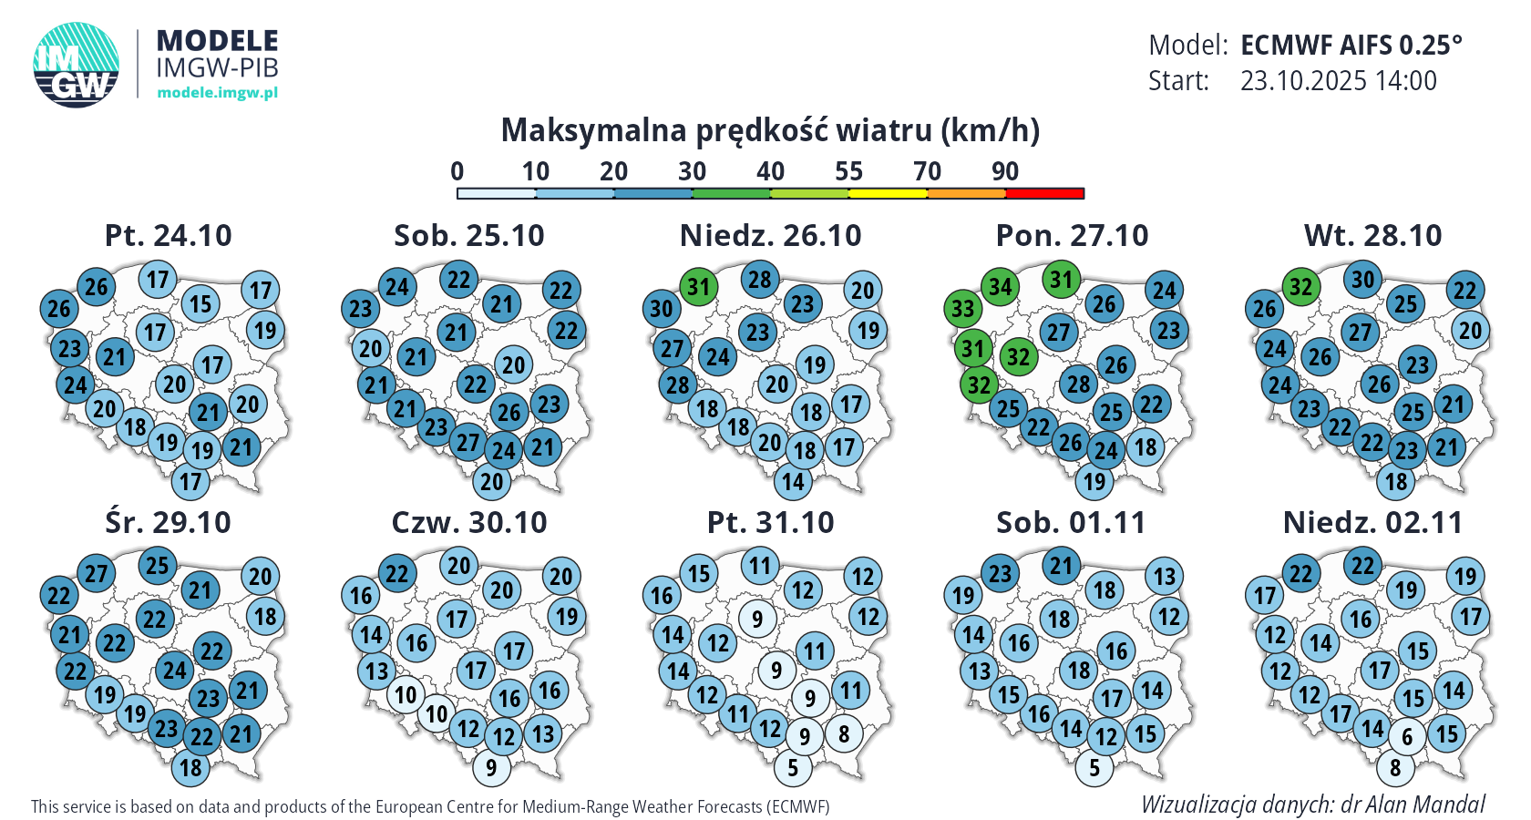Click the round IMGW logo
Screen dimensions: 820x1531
click(77, 65)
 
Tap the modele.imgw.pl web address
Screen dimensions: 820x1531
click(217, 92)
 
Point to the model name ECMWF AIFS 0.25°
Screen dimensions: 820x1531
click(1351, 45)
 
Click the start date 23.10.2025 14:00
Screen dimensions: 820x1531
click(1338, 81)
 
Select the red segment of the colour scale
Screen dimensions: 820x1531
click(1044, 193)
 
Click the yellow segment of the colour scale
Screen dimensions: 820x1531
click(888, 193)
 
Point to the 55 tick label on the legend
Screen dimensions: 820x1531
click(848, 171)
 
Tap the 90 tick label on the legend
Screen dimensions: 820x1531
click(1005, 171)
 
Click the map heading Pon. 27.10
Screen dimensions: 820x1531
click(1072, 236)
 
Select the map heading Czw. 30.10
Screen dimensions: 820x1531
click(469, 523)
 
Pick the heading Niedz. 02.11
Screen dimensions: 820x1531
click(1372, 523)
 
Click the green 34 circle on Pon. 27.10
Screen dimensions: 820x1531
click(1001, 287)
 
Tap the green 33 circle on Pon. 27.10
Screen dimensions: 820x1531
click(963, 309)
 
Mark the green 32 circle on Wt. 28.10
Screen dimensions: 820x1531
click(1300, 287)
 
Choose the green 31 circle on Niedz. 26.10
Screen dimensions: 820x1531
click(698, 287)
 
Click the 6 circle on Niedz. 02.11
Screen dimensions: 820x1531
click(1407, 736)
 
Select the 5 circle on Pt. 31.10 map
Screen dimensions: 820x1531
click(793, 768)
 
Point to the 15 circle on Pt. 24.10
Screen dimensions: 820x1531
click(200, 304)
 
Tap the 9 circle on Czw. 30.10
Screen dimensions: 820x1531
click(491, 768)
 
